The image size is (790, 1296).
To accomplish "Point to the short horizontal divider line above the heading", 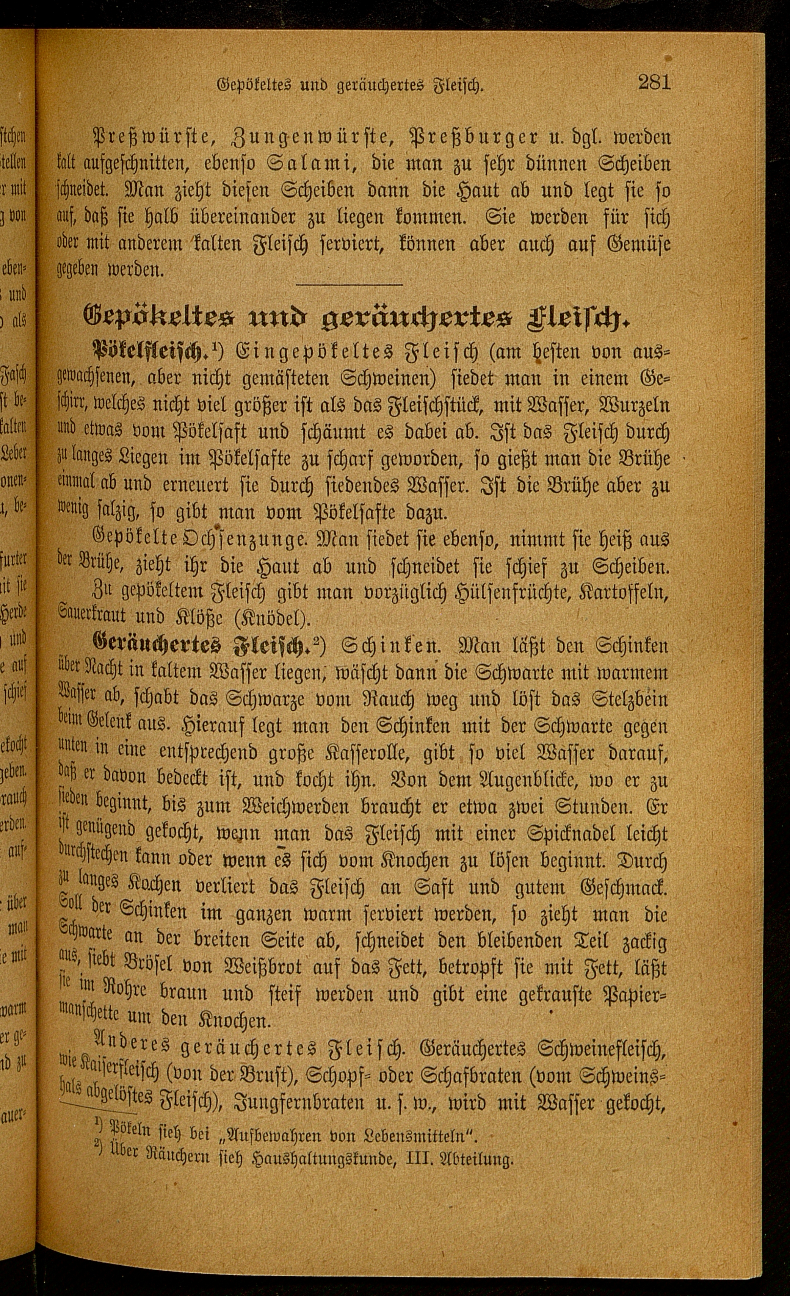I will pos(350,285).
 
